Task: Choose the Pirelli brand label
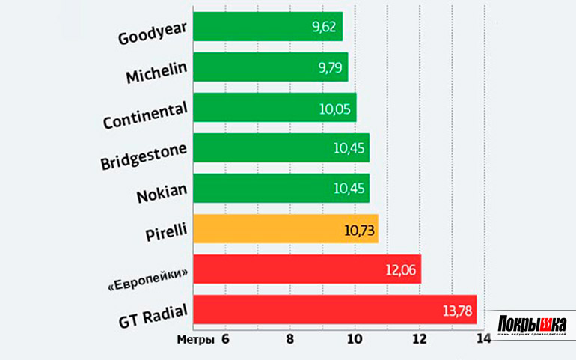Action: click(x=166, y=229)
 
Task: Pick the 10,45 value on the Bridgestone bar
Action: click(x=349, y=148)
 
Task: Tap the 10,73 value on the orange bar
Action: click(x=359, y=229)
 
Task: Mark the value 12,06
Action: click(x=402, y=269)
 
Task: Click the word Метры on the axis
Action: click(x=195, y=339)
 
